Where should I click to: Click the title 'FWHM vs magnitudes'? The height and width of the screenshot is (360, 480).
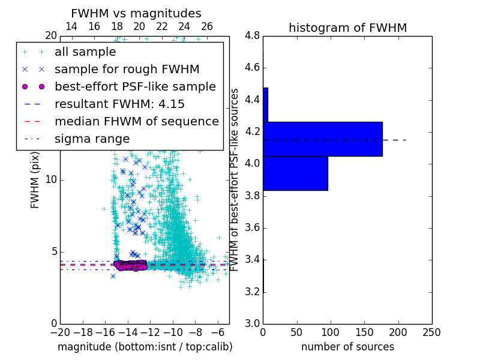[x=136, y=13]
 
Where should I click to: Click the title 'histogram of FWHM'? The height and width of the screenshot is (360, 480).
[x=347, y=28]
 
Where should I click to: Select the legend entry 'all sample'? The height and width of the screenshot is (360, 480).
[x=85, y=52]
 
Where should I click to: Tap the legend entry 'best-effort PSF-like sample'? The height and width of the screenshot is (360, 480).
[x=135, y=86]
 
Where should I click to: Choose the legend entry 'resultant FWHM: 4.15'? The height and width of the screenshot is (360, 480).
[x=119, y=104]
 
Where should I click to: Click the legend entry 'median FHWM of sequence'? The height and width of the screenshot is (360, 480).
[x=136, y=121]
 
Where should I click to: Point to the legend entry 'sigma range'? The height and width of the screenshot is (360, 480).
[x=92, y=139]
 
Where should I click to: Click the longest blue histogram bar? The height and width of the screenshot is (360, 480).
[x=322, y=139]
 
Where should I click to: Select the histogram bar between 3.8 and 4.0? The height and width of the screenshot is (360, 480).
[x=295, y=173]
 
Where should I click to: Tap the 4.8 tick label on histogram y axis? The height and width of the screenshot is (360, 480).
[x=252, y=35]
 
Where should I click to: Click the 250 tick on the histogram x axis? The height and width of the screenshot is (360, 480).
[x=431, y=332]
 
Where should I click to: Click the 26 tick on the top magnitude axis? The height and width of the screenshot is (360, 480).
[x=207, y=26]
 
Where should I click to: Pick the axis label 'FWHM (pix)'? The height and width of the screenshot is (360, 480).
[x=35, y=180]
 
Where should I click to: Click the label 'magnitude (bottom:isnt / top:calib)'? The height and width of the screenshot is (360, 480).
[x=145, y=347]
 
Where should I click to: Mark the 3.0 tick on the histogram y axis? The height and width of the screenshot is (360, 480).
[x=252, y=323]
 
